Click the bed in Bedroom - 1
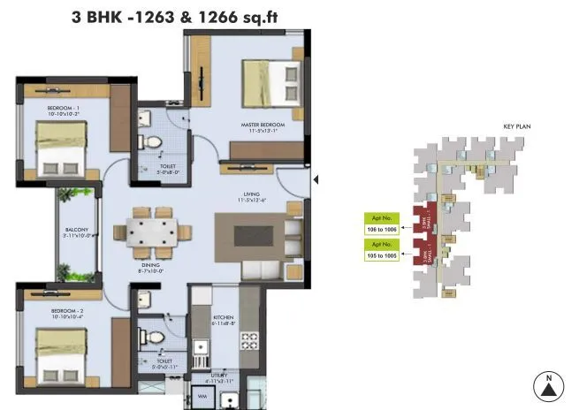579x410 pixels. coord(61,148)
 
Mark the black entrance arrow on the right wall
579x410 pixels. coord(316,180)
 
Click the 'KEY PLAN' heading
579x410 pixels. coord(516,126)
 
